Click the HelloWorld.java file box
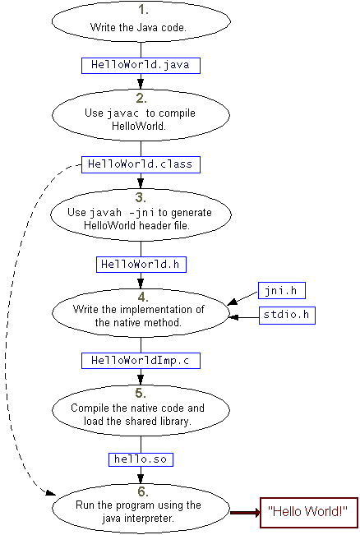tap(141, 64)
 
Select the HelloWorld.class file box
tap(141, 164)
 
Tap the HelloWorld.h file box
tap(141, 264)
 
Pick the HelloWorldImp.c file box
tap(141, 360)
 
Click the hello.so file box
tap(141, 459)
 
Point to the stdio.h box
tap(288, 314)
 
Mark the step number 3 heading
tap(141, 197)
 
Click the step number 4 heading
tap(142, 296)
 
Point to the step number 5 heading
tap(141, 393)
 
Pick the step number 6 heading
tap(141, 491)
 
